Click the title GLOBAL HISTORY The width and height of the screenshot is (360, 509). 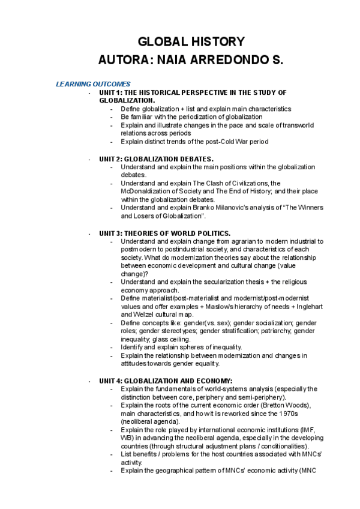(x=191, y=42)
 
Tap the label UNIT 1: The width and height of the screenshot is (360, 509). (x=110, y=92)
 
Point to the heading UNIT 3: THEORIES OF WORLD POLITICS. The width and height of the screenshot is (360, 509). (x=165, y=233)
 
